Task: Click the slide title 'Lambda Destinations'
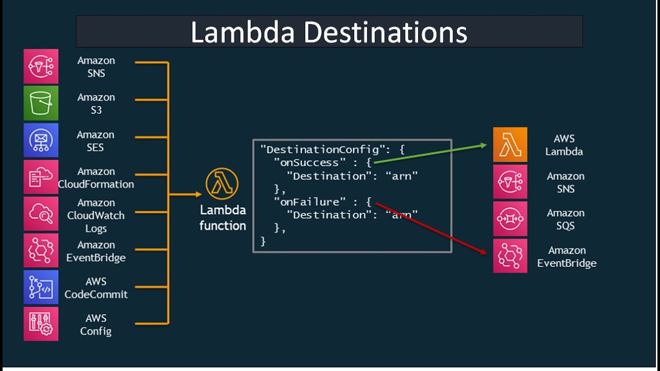coord(329,32)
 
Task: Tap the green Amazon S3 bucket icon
coord(41,103)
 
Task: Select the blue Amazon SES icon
coord(41,140)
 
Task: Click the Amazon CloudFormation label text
coord(96,178)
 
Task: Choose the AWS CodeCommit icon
coord(41,287)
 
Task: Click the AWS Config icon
coord(41,324)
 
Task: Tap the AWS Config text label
coord(96,325)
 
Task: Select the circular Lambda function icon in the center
coord(222,184)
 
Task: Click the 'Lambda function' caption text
coord(223,218)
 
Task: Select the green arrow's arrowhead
coord(483,145)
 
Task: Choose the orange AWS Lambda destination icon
coord(510,145)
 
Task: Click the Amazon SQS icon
coord(510,218)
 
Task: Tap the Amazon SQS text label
coord(565,220)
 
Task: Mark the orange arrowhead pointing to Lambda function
coord(198,194)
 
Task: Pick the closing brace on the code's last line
coord(263,241)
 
